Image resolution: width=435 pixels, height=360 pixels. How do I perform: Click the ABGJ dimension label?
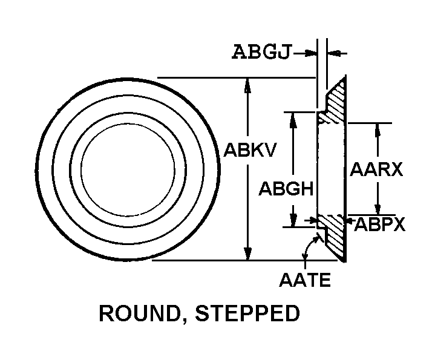click(262, 52)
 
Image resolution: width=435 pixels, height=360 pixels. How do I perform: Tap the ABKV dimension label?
click(250, 150)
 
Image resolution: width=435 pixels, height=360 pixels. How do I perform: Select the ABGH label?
click(286, 189)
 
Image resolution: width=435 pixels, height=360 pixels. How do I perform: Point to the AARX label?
click(376, 169)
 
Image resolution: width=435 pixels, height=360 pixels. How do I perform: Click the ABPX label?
click(379, 224)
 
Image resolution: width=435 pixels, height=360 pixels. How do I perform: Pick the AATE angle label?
click(305, 280)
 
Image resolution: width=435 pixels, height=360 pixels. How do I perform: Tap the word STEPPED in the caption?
click(247, 313)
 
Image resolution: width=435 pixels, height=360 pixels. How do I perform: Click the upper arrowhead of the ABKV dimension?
click(247, 85)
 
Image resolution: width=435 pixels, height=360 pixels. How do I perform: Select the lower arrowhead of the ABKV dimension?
click(247, 254)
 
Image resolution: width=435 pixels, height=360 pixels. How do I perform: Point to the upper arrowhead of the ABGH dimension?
click(293, 120)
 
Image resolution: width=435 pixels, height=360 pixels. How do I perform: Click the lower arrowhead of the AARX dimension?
click(378, 208)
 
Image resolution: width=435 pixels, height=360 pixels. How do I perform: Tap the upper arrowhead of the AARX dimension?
click(378, 129)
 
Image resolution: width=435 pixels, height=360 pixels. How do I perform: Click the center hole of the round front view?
click(128, 170)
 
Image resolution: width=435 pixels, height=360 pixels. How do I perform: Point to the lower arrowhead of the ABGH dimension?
click(293, 220)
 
